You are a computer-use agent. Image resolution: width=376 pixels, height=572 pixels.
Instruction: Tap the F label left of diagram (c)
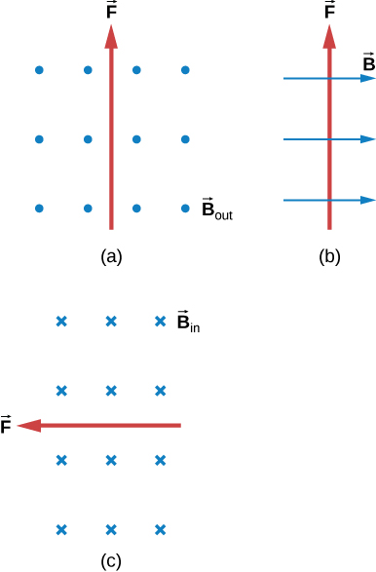(7, 425)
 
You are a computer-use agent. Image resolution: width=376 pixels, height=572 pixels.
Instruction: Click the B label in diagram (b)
(368, 63)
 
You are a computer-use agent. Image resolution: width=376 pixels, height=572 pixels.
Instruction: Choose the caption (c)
(111, 560)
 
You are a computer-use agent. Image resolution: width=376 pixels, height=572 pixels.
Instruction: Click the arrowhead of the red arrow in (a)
(111, 37)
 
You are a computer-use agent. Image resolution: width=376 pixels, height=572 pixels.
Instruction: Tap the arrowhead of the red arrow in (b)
(330, 37)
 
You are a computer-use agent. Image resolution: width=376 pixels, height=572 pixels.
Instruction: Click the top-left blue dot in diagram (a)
(39, 70)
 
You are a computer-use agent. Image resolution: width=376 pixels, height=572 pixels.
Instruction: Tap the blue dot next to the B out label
(185, 208)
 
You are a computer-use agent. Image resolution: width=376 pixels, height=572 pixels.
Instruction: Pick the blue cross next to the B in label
(161, 321)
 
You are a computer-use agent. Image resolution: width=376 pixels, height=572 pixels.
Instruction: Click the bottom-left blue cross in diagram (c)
(61, 529)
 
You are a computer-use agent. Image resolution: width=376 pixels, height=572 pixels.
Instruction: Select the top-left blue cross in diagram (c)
(61, 321)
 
